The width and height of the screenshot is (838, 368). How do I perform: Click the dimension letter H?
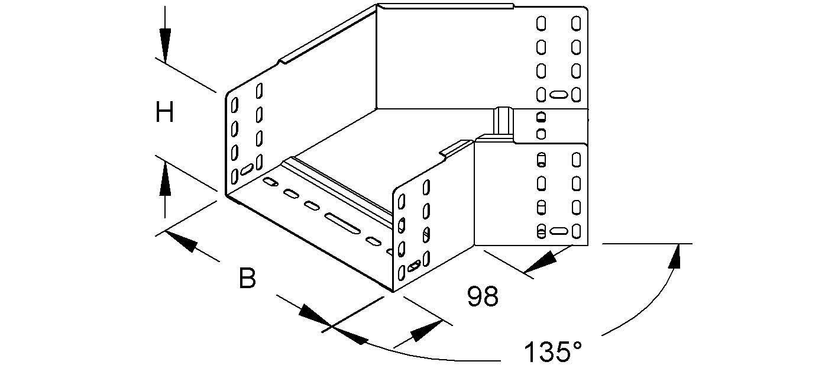tap(164, 112)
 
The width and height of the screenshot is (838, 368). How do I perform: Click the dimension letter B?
tap(247, 278)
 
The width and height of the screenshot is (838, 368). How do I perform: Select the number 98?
tap(483, 297)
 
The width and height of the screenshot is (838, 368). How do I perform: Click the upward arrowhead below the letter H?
tap(165, 178)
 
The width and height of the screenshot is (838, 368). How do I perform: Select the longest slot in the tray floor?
tap(342, 224)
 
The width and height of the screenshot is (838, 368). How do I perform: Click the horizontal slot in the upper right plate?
tap(558, 94)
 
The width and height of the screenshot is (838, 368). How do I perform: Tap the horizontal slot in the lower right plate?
tap(558, 231)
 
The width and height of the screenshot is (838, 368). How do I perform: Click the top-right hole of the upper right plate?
tap(575, 24)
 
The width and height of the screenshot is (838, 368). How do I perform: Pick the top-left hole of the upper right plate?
tap(541, 24)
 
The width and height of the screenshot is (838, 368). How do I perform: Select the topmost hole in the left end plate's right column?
tap(259, 91)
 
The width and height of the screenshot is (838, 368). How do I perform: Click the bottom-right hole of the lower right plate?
tap(576, 231)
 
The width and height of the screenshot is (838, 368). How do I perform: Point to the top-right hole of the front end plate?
tap(426, 189)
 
